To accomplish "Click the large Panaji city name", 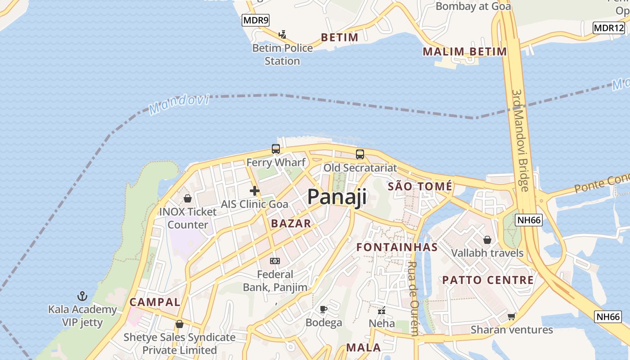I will [337, 197].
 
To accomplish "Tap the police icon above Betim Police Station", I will [282, 34].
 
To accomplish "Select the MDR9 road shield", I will [255, 20].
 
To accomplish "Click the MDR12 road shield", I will [608, 28].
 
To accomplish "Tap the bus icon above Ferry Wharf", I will [276, 149].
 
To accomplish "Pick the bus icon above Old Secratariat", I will [360, 154].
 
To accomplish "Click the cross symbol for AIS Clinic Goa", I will [255, 191].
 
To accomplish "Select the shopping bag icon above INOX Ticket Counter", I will [188, 198].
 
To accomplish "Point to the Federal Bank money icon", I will [275, 261].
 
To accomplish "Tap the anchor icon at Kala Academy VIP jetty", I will [82, 296].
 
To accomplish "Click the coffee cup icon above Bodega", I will [324, 309].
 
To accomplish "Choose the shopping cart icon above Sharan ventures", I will [511, 316].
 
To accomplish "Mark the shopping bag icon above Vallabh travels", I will [487, 239].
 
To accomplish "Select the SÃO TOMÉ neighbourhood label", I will [420, 186].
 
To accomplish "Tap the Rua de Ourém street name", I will [412, 299].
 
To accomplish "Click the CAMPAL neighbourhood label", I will [155, 302].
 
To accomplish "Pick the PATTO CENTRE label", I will [488, 280].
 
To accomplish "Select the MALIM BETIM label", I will [464, 52].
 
